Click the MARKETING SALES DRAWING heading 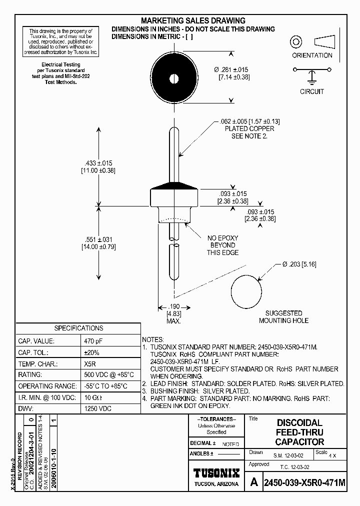coord(193,20)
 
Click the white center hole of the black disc coord(174,78)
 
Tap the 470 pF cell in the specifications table coord(94,340)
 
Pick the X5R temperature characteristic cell coord(90,363)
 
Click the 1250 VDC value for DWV coord(98,408)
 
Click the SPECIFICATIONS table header coord(79,328)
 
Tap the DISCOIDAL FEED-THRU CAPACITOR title coord(299,432)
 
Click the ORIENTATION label coord(312,55)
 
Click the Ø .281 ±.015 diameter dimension coord(231,69)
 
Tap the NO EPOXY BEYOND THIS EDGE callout coord(222,245)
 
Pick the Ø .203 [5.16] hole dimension coord(299,264)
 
